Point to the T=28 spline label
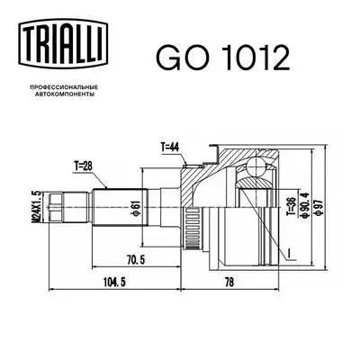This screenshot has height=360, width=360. point(84,164)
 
